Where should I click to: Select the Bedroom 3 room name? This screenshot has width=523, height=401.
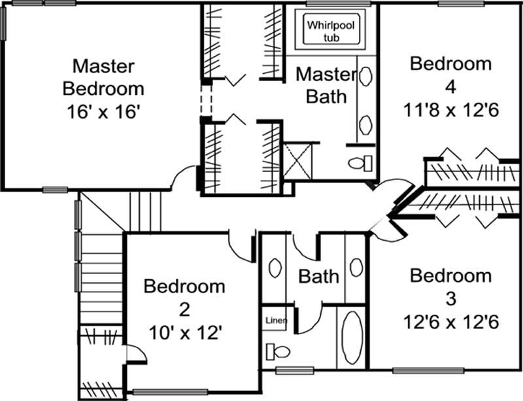tap(450, 287)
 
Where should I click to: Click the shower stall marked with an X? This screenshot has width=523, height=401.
tap(301, 161)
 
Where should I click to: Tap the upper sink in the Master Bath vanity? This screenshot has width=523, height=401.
tap(365, 77)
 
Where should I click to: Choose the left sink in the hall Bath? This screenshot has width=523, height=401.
tap(275, 269)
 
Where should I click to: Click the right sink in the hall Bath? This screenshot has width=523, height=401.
tap(356, 267)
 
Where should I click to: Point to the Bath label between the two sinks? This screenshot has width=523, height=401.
tap(319, 276)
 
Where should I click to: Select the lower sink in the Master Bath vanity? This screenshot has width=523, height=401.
tap(365, 122)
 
